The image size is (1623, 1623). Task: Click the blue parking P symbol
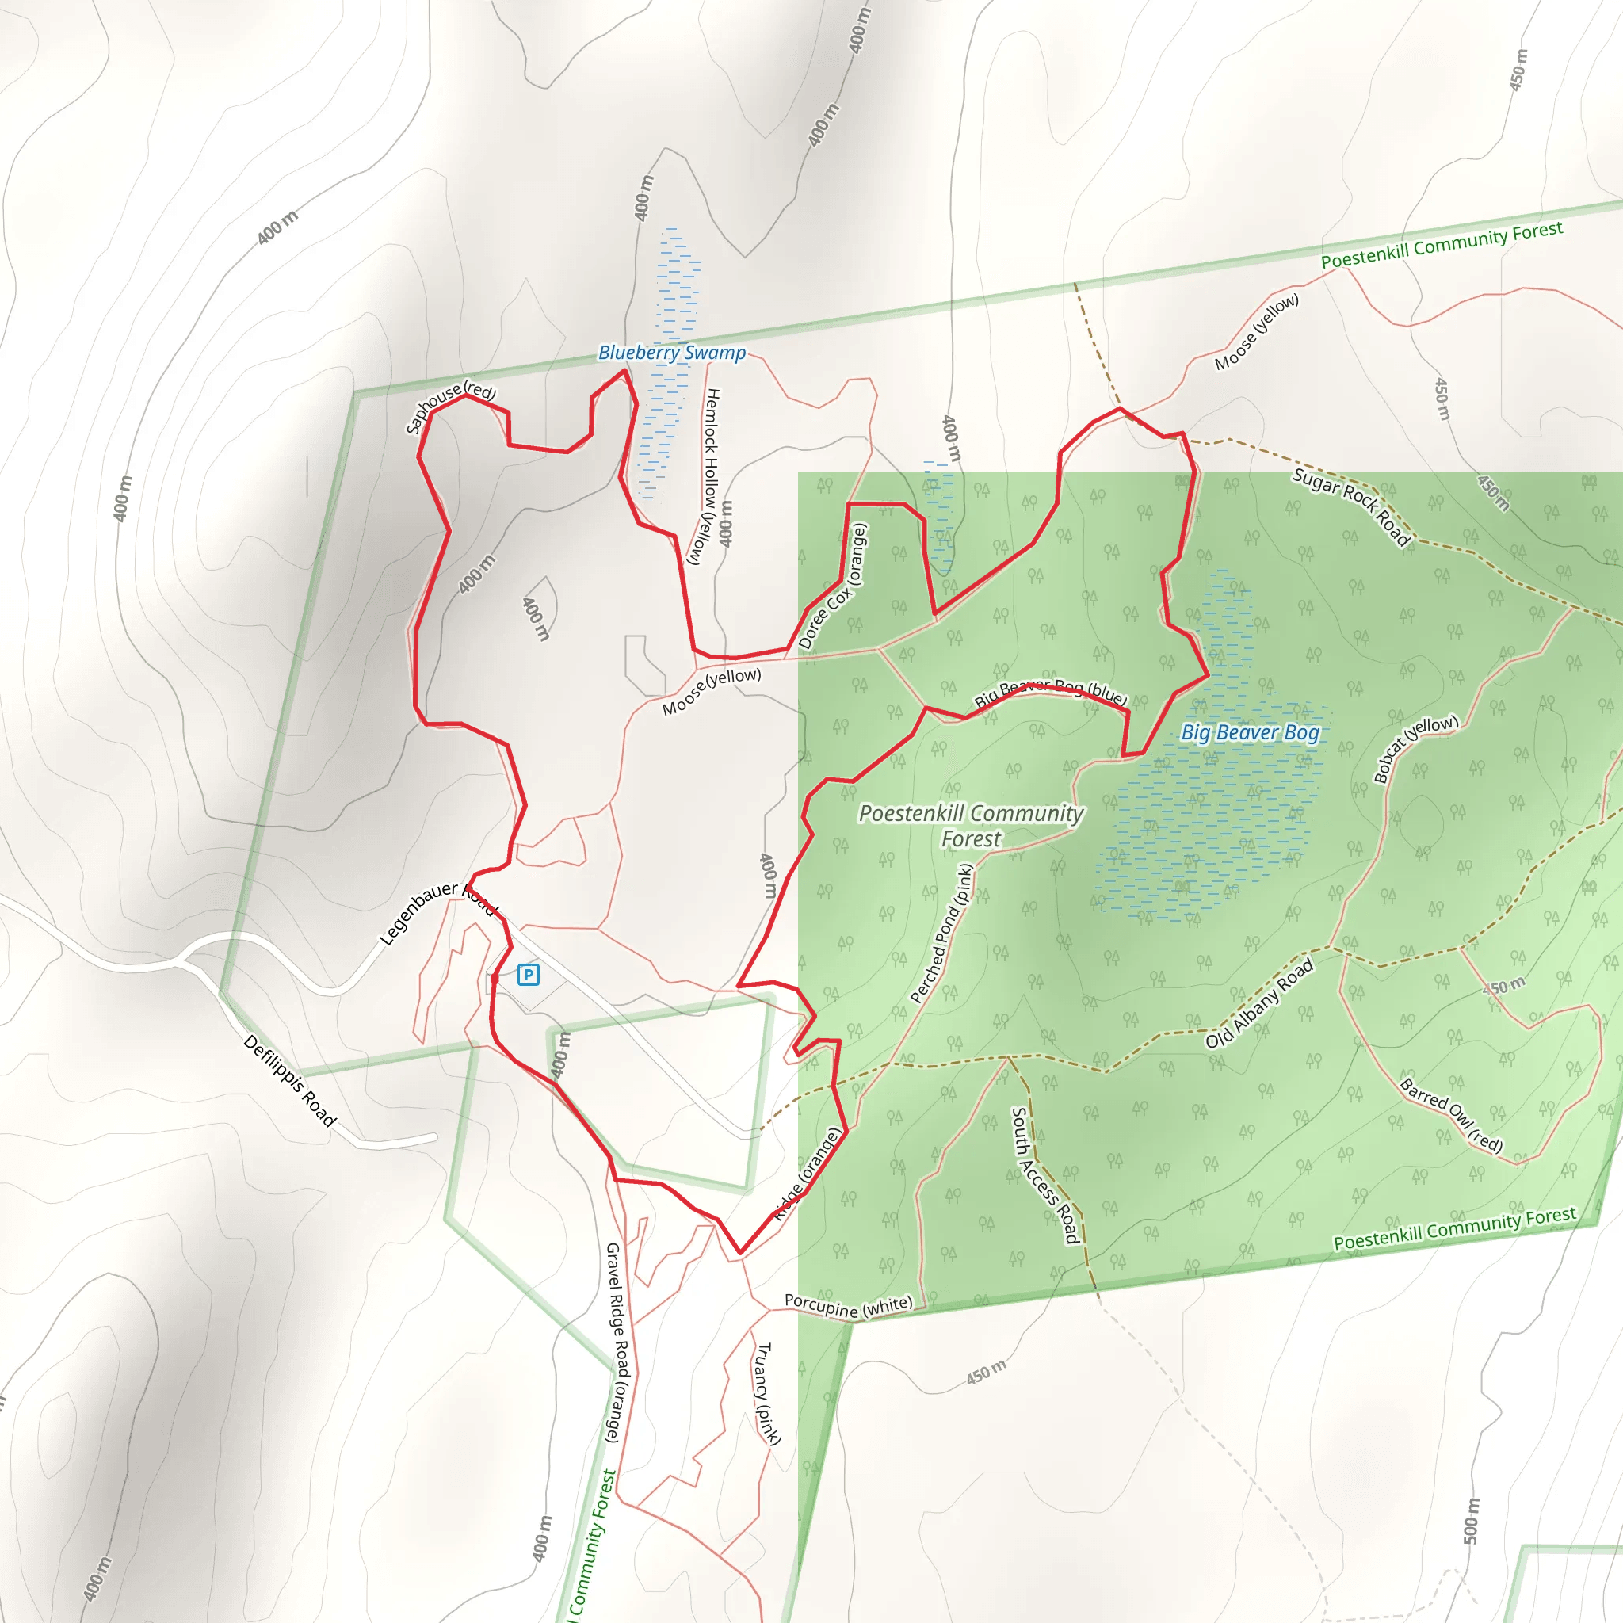(x=529, y=975)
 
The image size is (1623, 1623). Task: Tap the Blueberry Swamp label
(x=671, y=353)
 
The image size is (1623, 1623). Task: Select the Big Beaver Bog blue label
(x=1250, y=732)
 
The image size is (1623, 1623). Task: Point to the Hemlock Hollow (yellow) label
(x=708, y=475)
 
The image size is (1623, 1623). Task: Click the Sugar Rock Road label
(x=1351, y=507)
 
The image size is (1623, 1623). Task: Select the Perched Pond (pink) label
(x=941, y=934)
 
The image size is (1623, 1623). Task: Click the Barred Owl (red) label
(x=1451, y=1114)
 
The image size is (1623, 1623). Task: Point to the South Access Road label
(x=1044, y=1175)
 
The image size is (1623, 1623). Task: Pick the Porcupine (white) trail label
(x=848, y=1305)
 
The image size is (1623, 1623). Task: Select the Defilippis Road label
(x=290, y=1080)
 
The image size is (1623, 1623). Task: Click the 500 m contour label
(x=1471, y=1521)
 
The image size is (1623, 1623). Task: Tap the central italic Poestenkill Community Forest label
(x=971, y=826)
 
